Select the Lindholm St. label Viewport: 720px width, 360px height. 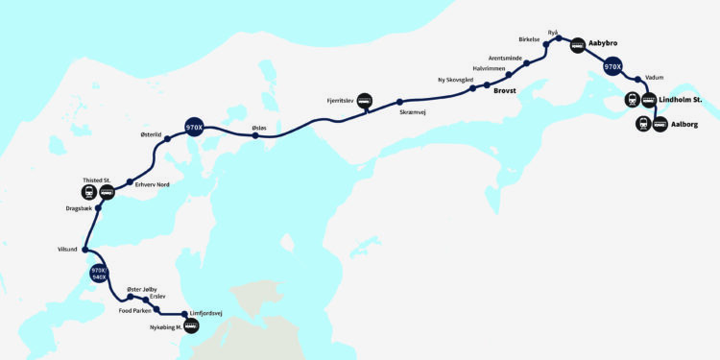(x=686, y=100)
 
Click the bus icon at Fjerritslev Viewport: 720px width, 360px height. (x=365, y=104)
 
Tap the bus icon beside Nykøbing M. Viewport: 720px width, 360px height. (x=191, y=326)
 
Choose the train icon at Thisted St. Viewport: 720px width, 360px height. (x=89, y=192)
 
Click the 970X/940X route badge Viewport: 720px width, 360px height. (x=98, y=276)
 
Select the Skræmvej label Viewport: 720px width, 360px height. (x=414, y=112)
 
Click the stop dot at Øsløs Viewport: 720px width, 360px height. (x=255, y=135)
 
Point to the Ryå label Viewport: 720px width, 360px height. (x=553, y=32)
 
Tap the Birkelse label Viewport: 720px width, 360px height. (x=531, y=41)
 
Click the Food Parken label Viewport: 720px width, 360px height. (x=135, y=311)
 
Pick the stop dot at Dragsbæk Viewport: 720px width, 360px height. (x=99, y=207)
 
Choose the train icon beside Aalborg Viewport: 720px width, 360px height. (x=642, y=124)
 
